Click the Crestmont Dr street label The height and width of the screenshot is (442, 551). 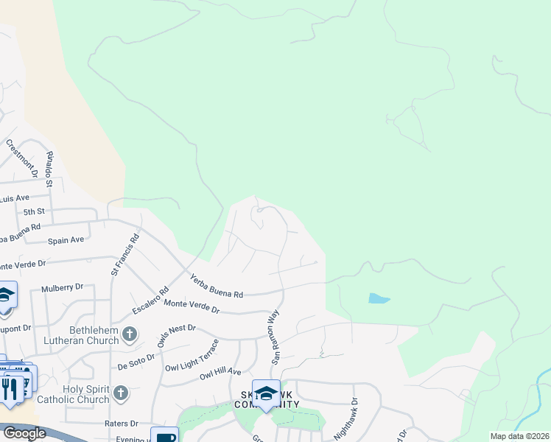point(21,158)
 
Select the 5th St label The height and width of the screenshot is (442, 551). point(34,212)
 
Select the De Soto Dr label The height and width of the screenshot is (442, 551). point(136,357)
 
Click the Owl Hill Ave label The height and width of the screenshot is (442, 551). point(221,374)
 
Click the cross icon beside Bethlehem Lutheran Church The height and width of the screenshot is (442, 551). point(130,334)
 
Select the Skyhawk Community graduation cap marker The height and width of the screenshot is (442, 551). point(266,393)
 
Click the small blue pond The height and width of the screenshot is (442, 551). point(378,298)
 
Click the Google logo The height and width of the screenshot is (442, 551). point(24,433)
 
